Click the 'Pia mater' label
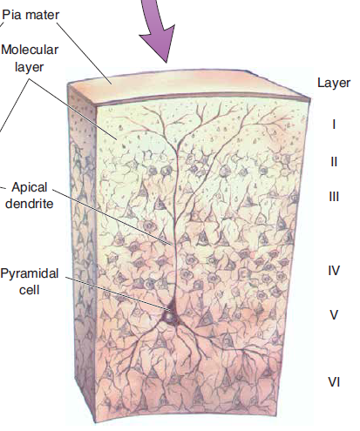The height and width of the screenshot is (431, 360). pyautogui.click(x=31, y=15)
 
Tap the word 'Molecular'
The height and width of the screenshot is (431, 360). pyautogui.click(x=30, y=50)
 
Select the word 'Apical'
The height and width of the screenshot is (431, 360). pyautogui.click(x=30, y=187)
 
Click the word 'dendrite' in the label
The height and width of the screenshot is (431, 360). pyautogui.click(x=30, y=204)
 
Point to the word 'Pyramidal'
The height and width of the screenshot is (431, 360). pyautogui.click(x=30, y=273)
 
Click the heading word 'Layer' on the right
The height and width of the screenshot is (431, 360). pyautogui.click(x=334, y=83)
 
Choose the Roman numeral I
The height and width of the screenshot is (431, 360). pyautogui.click(x=334, y=125)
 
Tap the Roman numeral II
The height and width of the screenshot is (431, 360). pyautogui.click(x=334, y=162)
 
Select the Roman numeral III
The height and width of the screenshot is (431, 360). pyautogui.click(x=334, y=197)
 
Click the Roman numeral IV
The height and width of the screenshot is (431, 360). pyautogui.click(x=334, y=271)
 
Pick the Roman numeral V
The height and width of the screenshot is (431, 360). pyautogui.click(x=334, y=315)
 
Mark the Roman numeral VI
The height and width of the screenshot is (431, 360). pyautogui.click(x=334, y=382)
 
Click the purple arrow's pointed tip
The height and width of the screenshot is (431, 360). pyautogui.click(x=166, y=63)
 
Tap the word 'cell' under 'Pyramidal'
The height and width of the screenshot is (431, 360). pyautogui.click(x=29, y=290)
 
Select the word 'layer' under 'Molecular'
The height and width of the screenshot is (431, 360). pyautogui.click(x=29, y=67)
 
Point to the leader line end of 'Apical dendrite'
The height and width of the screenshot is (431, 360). pyautogui.click(x=172, y=245)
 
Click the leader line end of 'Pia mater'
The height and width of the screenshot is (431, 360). pyautogui.click(x=112, y=84)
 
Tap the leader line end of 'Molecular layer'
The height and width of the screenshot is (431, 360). pyautogui.click(x=117, y=139)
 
